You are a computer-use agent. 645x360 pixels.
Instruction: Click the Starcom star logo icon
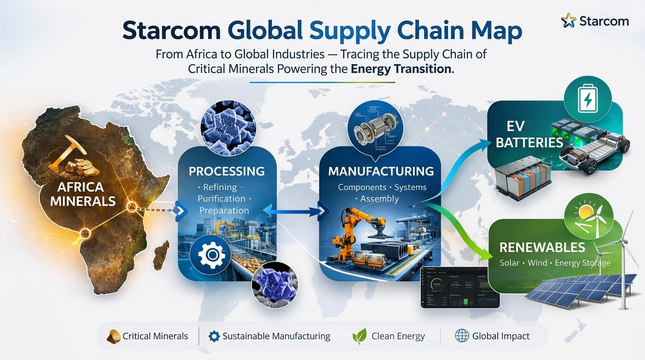tap(569, 21)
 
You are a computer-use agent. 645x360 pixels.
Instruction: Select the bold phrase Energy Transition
tap(402, 69)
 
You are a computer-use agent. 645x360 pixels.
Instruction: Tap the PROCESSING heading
tap(226, 172)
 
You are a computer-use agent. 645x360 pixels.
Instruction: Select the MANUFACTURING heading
tap(381, 172)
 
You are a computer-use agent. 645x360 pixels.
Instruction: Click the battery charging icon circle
tap(587, 100)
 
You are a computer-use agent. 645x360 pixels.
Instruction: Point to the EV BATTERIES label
tap(528, 135)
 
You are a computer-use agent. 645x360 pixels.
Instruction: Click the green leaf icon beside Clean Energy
tap(360, 336)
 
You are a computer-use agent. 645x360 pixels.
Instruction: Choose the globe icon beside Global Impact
tap(462, 336)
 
